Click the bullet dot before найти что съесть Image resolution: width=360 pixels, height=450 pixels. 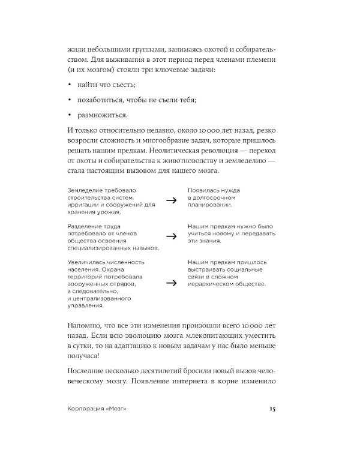click(70, 86)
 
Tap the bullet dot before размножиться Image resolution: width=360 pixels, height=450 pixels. click(70, 114)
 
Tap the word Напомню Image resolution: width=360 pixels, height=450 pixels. click(84, 325)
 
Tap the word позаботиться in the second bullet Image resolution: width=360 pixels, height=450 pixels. click(102, 100)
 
